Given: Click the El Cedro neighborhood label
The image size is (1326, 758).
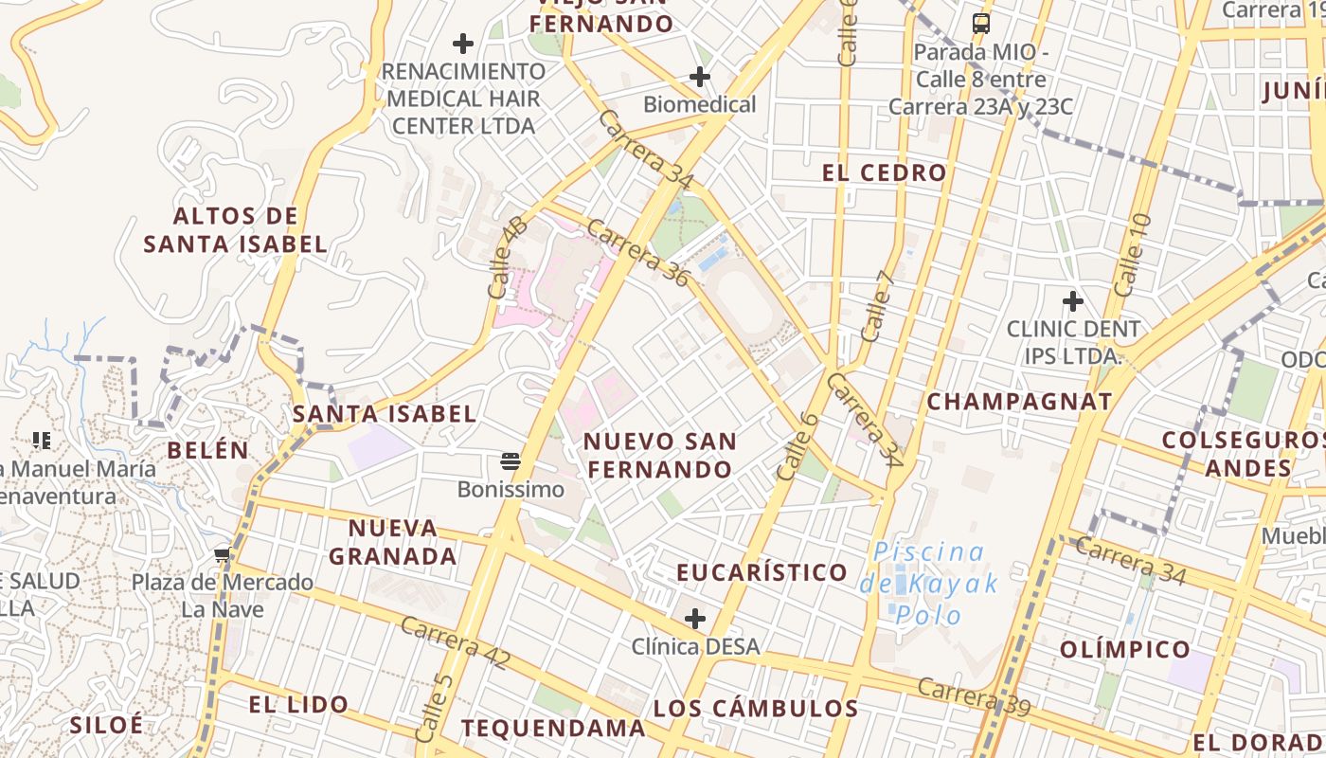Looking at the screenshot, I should pyautogui.click(x=884, y=172).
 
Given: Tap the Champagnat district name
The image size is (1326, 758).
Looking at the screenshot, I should pyautogui.click(x=1019, y=401).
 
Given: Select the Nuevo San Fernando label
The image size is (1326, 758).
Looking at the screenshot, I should pyautogui.click(x=659, y=456).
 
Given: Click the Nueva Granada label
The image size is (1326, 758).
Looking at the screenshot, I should pyautogui.click(x=393, y=542).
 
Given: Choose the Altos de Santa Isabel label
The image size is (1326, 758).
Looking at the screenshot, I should pyautogui.click(x=235, y=230).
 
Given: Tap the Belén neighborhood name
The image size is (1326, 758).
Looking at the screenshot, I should pyautogui.click(x=208, y=450).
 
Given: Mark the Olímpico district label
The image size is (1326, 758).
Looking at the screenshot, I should pyautogui.click(x=1125, y=649).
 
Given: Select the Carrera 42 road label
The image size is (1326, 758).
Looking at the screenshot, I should pyautogui.click(x=456, y=643).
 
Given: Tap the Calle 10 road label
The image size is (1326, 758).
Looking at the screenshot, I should pyautogui.click(x=1133, y=254).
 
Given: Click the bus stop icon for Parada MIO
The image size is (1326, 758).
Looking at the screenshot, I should pyautogui.click(x=981, y=24).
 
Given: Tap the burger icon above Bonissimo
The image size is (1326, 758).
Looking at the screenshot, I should pyautogui.click(x=511, y=462).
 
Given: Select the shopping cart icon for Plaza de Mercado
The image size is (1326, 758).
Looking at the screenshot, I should pyautogui.click(x=223, y=554).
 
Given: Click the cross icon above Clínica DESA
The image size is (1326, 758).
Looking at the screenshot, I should pyautogui.click(x=695, y=619).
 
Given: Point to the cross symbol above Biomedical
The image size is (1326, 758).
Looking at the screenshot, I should pyautogui.click(x=700, y=77).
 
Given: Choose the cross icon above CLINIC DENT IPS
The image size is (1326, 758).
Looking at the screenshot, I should pyautogui.click(x=1072, y=302).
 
